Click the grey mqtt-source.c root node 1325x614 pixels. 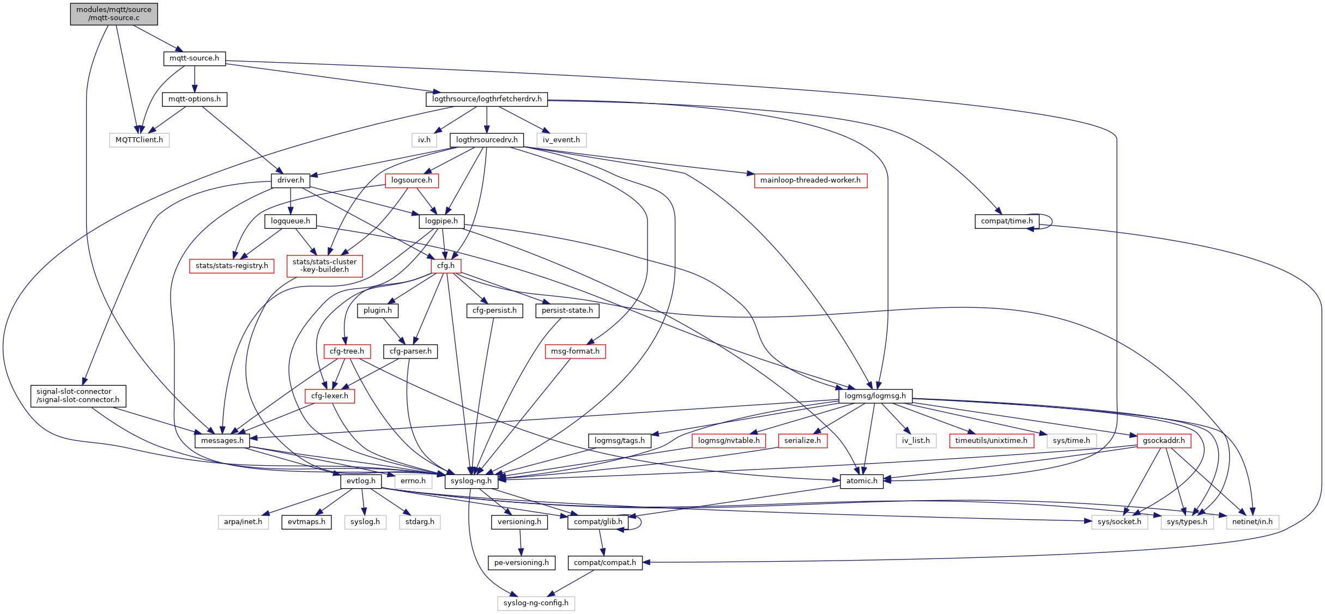(x=114, y=14)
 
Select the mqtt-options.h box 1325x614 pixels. (x=195, y=99)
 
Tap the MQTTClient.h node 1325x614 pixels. (x=139, y=140)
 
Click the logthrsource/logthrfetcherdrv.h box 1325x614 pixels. (x=487, y=99)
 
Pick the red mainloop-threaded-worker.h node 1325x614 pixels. (x=810, y=180)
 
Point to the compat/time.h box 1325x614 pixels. (x=1007, y=221)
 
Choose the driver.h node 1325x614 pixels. (x=291, y=180)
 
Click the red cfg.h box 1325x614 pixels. (x=446, y=266)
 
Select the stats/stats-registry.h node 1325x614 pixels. (x=232, y=266)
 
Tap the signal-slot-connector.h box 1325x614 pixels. (x=78, y=396)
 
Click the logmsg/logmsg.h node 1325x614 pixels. (x=875, y=396)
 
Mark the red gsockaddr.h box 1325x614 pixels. (x=1164, y=441)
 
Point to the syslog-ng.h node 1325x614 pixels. (x=471, y=481)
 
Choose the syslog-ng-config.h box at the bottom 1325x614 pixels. (x=536, y=603)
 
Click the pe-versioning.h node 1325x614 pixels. (x=522, y=563)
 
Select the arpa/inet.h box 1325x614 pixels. (x=243, y=522)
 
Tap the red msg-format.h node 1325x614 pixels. (x=575, y=351)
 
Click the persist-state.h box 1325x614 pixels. (x=567, y=311)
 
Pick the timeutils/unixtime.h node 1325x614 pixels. (x=991, y=441)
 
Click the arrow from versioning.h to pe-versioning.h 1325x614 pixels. (x=521, y=542)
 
